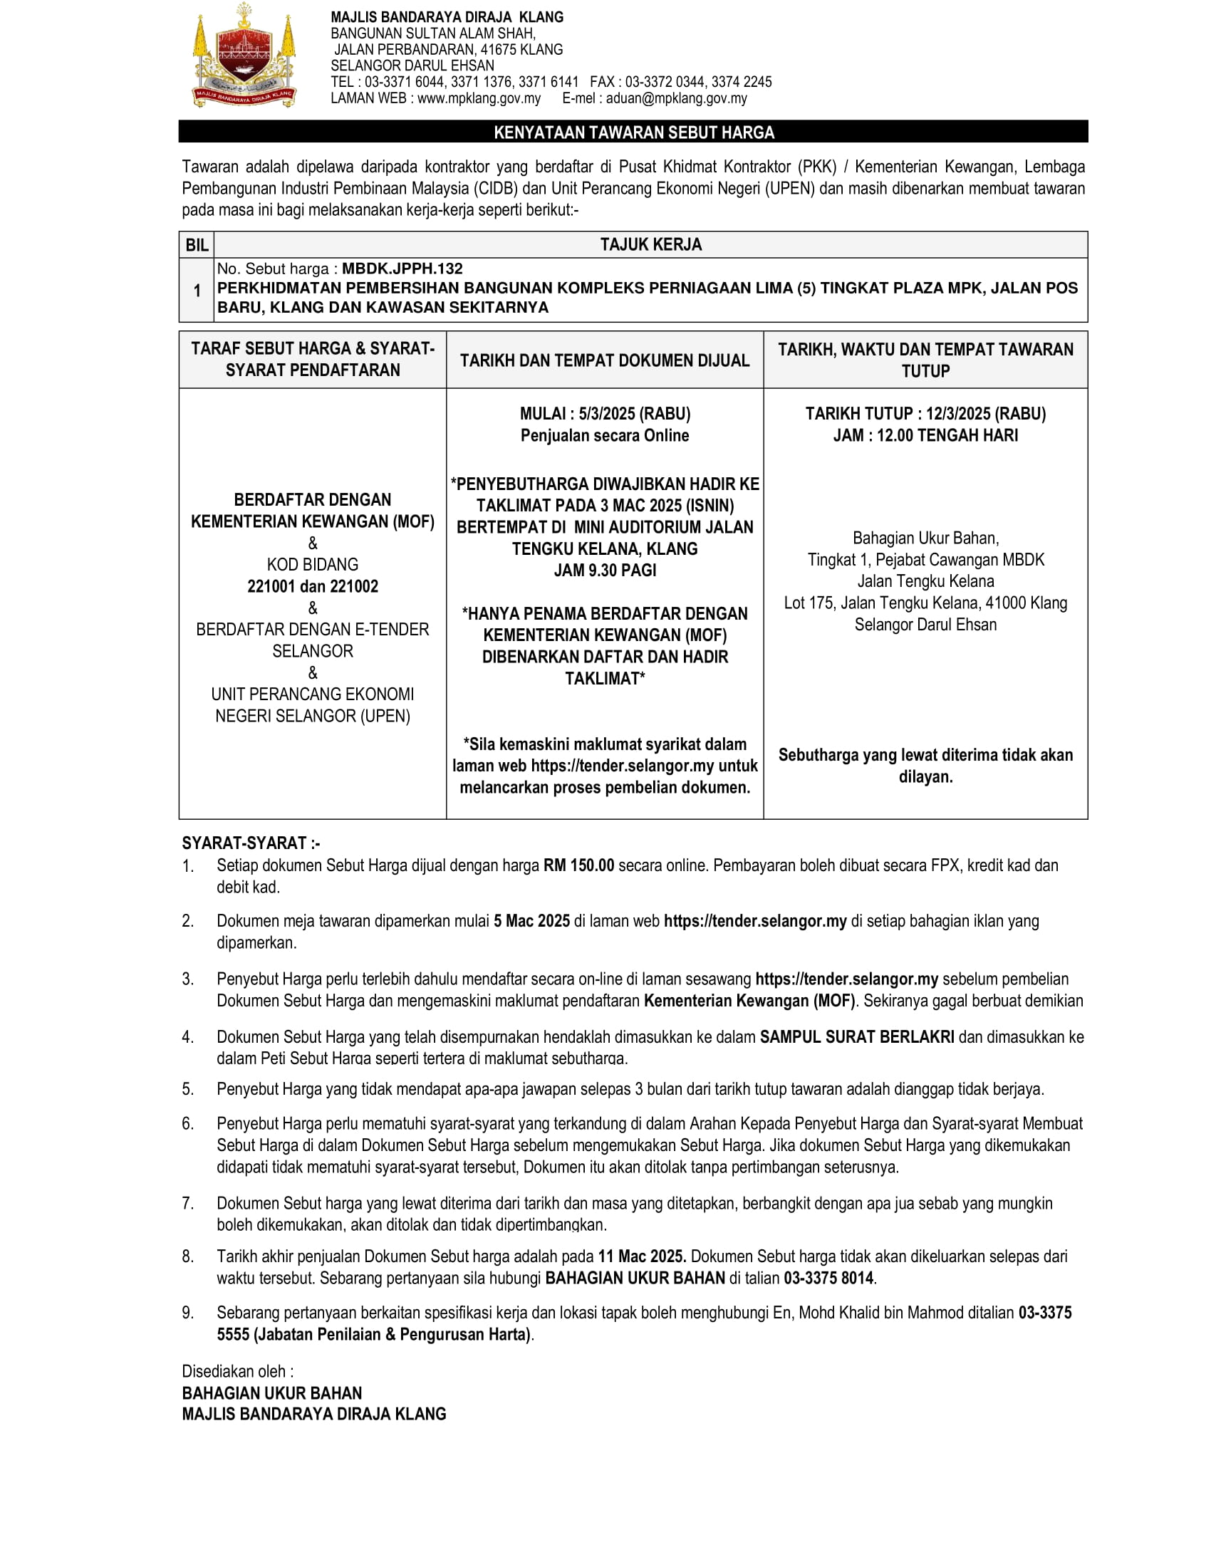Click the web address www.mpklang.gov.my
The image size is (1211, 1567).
(x=479, y=98)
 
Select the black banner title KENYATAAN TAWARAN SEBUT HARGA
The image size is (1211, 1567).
(x=633, y=132)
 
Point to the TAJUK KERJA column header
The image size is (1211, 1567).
(x=650, y=244)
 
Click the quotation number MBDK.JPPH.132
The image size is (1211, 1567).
(x=402, y=269)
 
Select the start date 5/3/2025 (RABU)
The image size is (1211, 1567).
(x=634, y=414)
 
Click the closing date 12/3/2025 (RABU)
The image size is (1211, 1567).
(x=985, y=414)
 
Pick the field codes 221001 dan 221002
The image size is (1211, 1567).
(x=313, y=586)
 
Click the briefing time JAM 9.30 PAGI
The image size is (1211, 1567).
(x=605, y=571)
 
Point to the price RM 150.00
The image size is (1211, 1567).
(x=578, y=865)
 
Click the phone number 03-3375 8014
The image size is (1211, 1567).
(x=828, y=1278)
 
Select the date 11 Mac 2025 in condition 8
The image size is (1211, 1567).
(x=641, y=1256)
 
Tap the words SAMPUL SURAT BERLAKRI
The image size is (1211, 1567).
(x=856, y=1037)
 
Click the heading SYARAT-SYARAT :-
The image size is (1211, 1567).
(x=250, y=843)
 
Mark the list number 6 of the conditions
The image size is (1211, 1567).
(x=187, y=1123)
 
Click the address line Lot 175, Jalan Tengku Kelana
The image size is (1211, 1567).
(x=925, y=603)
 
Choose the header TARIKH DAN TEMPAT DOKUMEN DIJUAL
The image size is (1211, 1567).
(x=605, y=360)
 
